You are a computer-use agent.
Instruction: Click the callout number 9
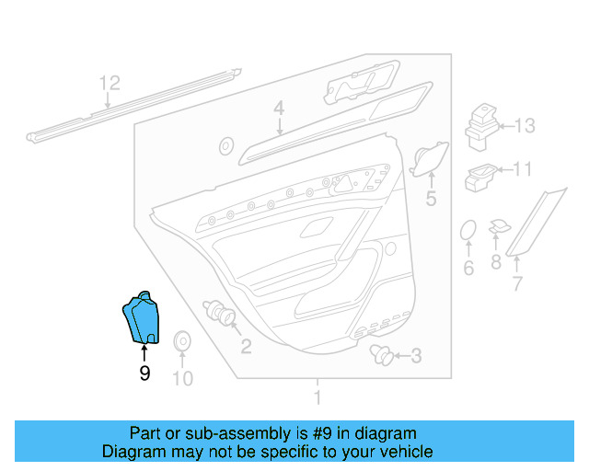[144, 373]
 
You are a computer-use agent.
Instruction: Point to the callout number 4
[278, 110]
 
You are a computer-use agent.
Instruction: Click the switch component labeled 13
[481, 125]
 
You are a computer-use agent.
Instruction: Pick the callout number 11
[523, 169]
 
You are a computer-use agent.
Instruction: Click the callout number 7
[516, 283]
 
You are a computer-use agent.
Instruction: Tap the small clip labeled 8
[498, 226]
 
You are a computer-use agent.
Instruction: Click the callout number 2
[246, 346]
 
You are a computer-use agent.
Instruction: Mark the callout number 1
[318, 398]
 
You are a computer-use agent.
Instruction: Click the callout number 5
[431, 199]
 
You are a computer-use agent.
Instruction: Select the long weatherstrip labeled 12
[138, 100]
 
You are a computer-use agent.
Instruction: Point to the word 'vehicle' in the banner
[403, 452]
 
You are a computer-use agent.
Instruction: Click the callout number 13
[524, 126]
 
